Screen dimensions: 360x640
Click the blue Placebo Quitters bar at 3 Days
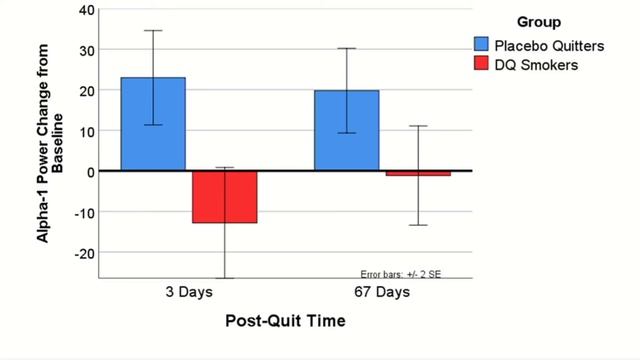click(153, 124)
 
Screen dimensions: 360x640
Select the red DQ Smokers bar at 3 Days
click(225, 197)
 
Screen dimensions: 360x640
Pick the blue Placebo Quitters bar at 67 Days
click(347, 131)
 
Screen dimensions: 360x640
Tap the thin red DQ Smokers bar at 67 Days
click(418, 174)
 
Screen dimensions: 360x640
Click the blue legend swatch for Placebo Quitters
click(482, 44)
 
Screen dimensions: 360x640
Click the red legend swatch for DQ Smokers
click(482, 65)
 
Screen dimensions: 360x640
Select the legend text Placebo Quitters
click(544, 44)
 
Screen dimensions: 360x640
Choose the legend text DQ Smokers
click(535, 65)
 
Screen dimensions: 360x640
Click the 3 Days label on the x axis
click(188, 293)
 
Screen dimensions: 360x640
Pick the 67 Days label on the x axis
click(382, 293)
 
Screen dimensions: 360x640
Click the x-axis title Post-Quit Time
click(283, 321)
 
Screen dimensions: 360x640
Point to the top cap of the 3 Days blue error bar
click(153, 30)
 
